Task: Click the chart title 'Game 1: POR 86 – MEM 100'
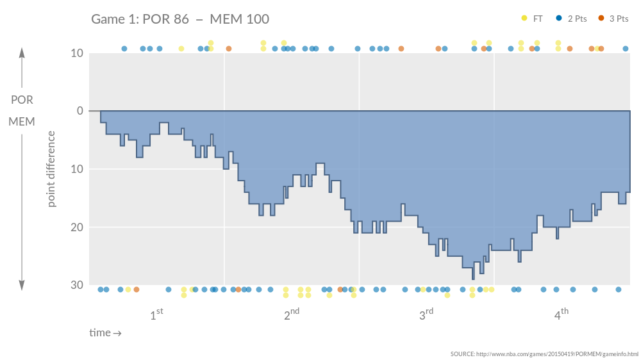(180, 19)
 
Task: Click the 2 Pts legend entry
(572, 19)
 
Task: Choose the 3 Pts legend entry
(613, 19)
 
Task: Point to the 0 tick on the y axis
(80, 111)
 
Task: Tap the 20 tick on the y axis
(77, 227)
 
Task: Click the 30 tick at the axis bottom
(77, 285)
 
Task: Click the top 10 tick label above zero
(77, 53)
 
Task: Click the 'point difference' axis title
(52, 169)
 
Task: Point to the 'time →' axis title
(105, 333)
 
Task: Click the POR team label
(22, 100)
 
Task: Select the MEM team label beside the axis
(22, 121)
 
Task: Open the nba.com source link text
(544, 354)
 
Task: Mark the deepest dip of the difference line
(473, 278)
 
